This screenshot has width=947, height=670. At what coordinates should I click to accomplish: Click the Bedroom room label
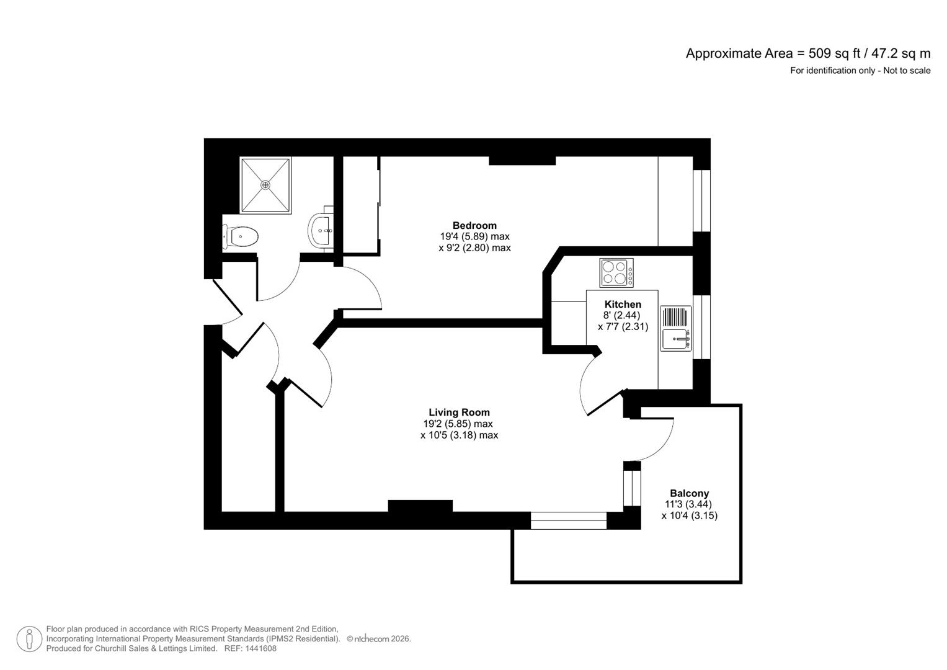click(x=474, y=225)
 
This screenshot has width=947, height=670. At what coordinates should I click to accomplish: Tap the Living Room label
click(x=459, y=413)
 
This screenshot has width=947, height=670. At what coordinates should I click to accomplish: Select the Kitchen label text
click(x=623, y=304)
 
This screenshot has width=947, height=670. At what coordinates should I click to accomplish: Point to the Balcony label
click(x=689, y=493)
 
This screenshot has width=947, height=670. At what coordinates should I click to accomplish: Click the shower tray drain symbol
click(x=265, y=185)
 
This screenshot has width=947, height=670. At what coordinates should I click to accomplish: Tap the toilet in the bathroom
click(x=241, y=236)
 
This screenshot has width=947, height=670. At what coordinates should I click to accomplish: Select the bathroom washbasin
click(x=321, y=231)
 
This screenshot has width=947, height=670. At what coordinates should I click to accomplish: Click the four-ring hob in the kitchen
click(x=616, y=273)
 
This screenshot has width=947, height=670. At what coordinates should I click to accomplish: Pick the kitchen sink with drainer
click(x=675, y=328)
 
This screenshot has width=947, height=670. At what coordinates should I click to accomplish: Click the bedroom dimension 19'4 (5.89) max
click(x=474, y=236)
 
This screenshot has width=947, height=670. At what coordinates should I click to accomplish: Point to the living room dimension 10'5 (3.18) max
click(x=459, y=435)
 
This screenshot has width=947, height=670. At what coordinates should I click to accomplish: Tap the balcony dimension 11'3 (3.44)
click(x=689, y=504)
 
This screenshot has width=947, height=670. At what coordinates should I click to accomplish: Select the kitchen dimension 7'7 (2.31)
click(x=623, y=326)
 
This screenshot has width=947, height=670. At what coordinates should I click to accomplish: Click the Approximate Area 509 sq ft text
click(x=807, y=53)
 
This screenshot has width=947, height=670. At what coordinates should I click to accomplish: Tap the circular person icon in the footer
click(x=29, y=639)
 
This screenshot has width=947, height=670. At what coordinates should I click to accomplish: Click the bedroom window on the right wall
click(x=701, y=200)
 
